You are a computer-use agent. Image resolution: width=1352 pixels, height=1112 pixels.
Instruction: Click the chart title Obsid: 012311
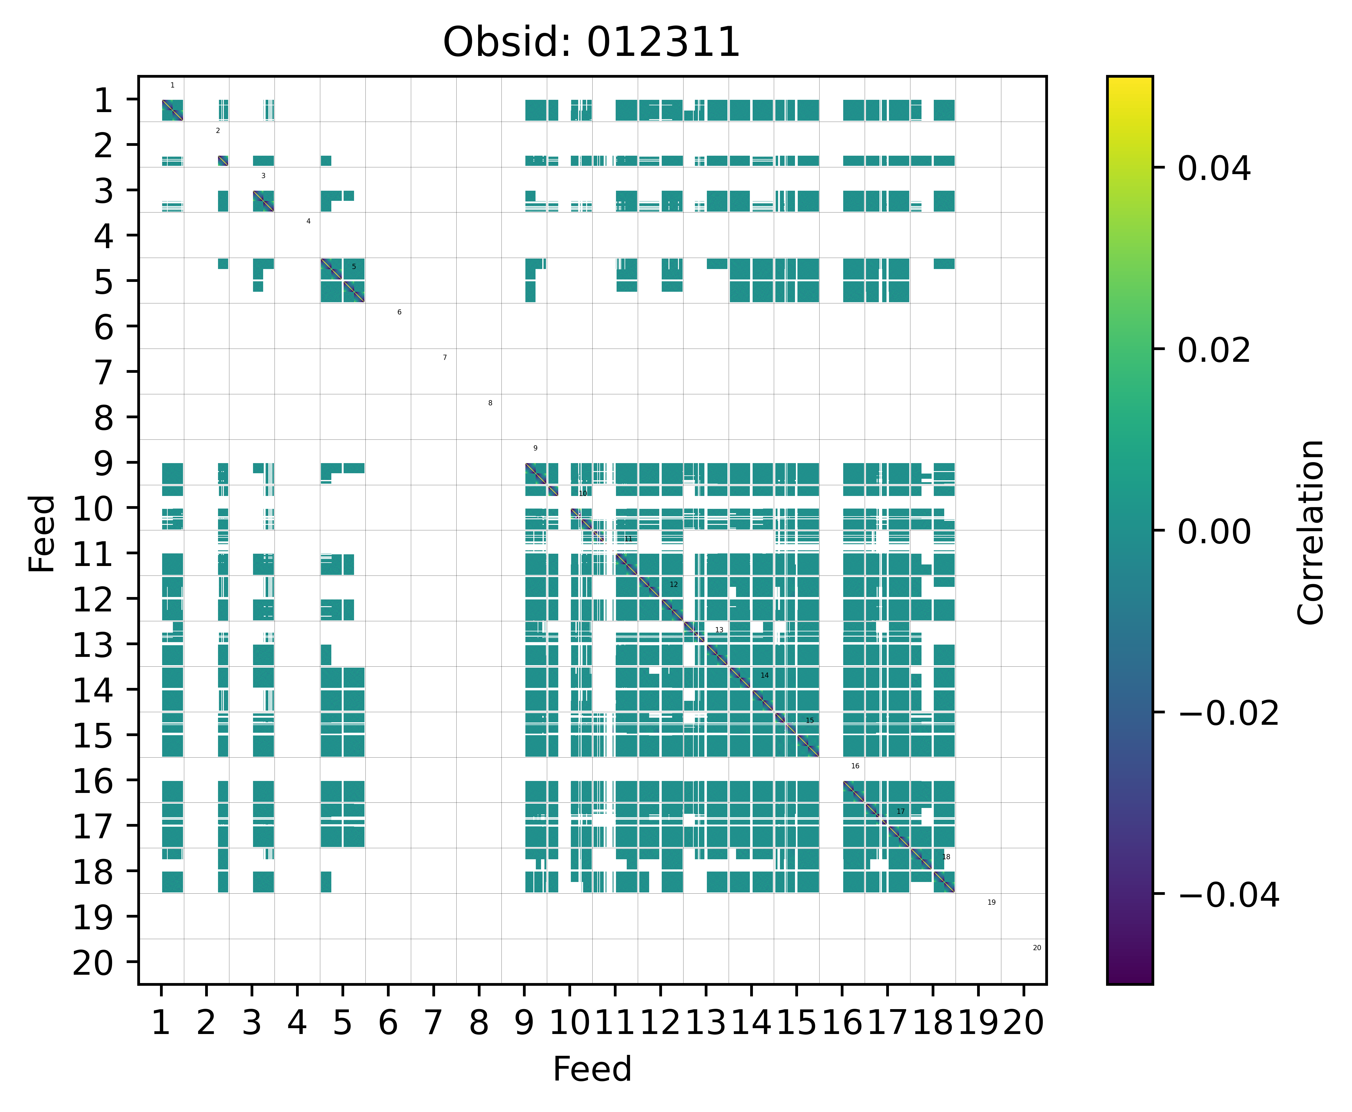tap(591, 43)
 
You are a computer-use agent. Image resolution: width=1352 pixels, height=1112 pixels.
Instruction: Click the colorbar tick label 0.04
tap(1214, 169)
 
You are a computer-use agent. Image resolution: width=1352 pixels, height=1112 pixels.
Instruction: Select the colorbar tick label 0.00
tap(1214, 532)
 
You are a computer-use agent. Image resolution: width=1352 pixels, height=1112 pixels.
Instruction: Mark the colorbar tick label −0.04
tap(1228, 895)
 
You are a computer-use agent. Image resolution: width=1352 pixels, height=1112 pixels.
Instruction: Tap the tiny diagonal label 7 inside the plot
tap(445, 357)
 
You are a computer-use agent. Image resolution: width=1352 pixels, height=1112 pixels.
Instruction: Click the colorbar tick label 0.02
tap(1214, 350)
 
